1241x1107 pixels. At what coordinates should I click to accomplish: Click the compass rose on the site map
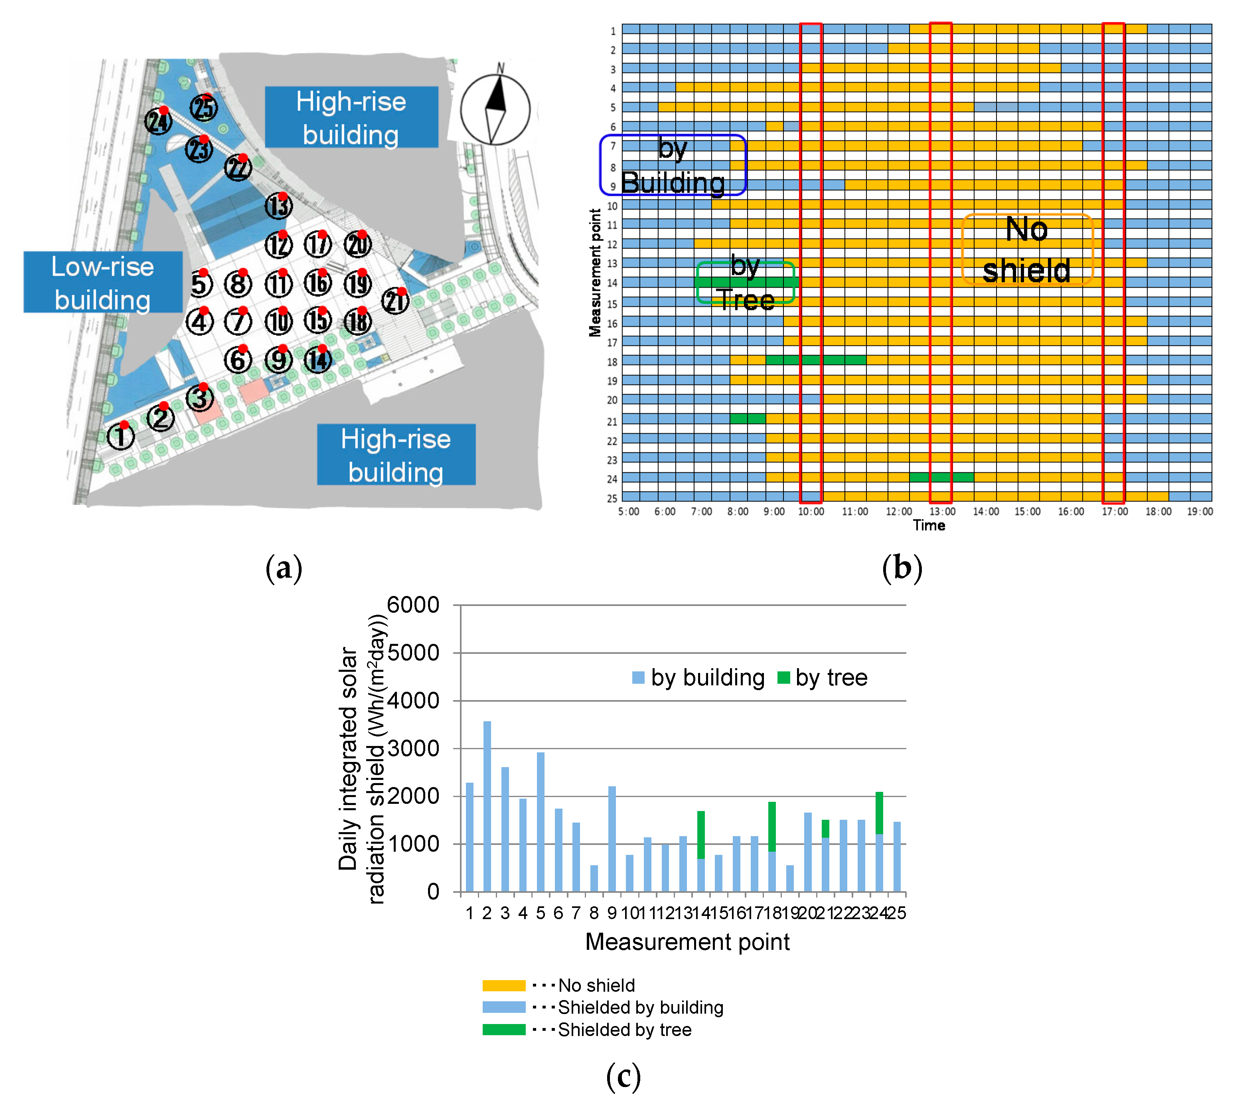tap(495, 109)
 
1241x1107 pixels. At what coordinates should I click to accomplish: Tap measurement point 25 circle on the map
tap(204, 108)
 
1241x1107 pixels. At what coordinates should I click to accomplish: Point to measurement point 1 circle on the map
tap(120, 436)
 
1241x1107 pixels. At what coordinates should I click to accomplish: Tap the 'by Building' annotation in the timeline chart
tap(673, 166)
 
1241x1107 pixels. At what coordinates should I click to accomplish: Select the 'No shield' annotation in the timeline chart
tap(1027, 249)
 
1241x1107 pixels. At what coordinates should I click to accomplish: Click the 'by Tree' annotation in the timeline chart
tap(745, 283)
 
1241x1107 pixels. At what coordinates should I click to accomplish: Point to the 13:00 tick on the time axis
tap(942, 511)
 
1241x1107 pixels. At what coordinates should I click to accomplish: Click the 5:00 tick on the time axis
tap(628, 511)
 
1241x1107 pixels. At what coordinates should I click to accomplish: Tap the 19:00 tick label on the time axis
tap(1200, 511)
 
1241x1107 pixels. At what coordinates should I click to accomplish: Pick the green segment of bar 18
tap(772, 826)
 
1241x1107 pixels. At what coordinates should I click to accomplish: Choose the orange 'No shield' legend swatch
tap(504, 985)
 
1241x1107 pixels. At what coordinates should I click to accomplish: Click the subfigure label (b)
tap(902, 568)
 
